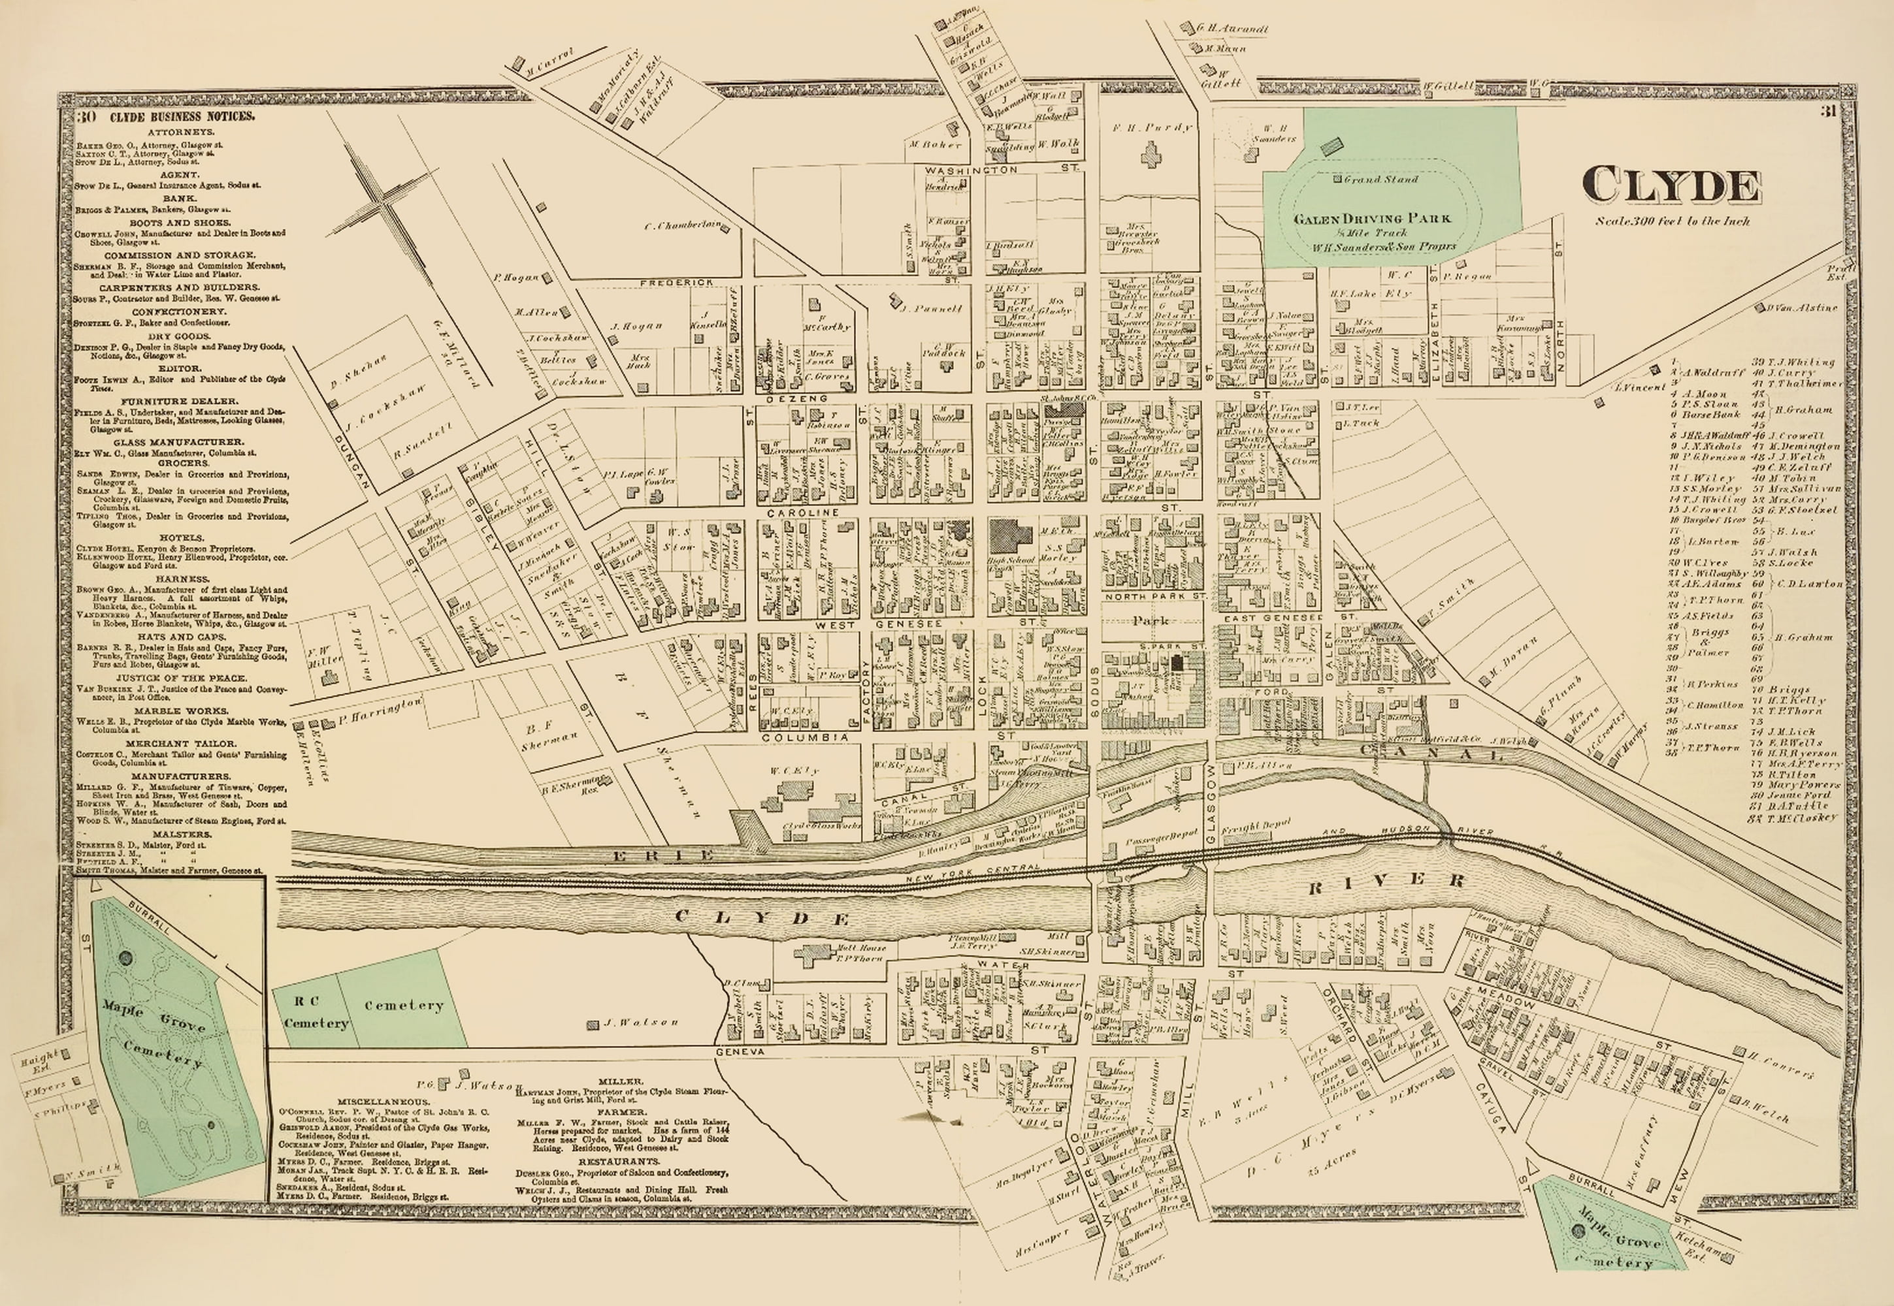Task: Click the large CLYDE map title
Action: tap(1670, 185)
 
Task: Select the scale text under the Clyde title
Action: tap(1671, 221)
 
